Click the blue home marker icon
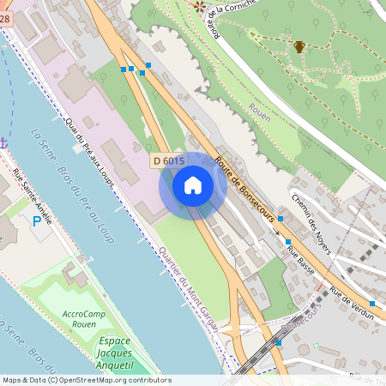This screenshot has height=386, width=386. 192,185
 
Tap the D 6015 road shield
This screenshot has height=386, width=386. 169,160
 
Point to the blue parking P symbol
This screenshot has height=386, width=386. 36,222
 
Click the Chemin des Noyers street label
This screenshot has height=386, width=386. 311,223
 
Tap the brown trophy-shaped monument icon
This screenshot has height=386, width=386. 299,47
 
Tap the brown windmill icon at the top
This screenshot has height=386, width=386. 200,7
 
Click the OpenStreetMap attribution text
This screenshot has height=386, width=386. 87,380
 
